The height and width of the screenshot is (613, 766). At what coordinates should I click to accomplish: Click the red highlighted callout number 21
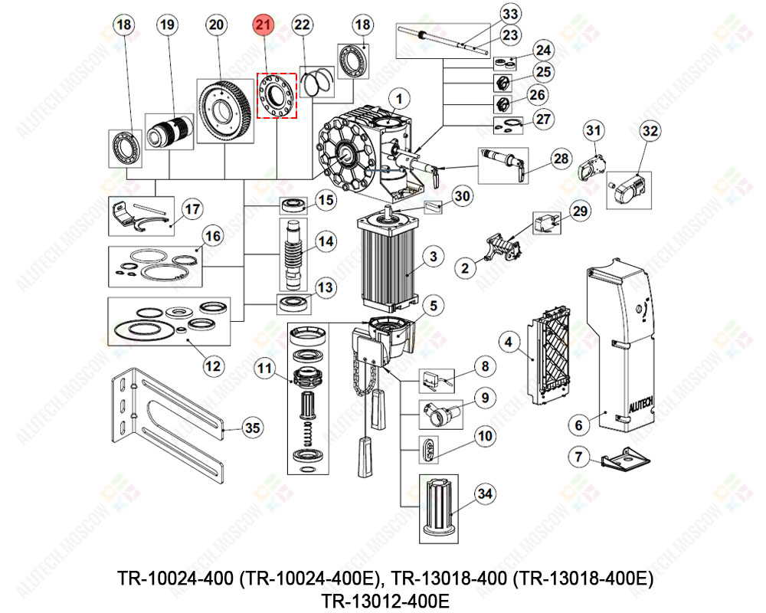[x=264, y=25]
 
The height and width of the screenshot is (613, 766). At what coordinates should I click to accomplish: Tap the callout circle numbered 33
[x=509, y=14]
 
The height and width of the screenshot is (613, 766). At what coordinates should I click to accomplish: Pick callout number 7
[x=580, y=458]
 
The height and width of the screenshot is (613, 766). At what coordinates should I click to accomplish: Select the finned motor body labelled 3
[x=387, y=257]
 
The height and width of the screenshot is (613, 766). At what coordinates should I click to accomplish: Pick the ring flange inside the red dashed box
[x=276, y=95]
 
